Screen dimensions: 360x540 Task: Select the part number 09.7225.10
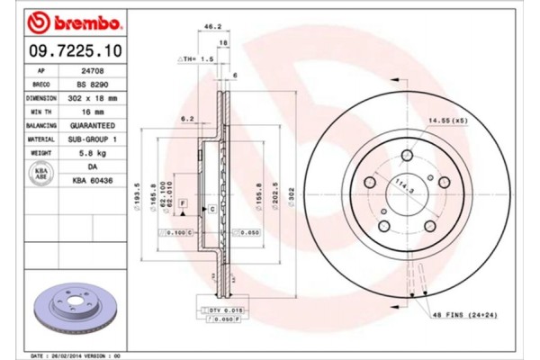click(x=70, y=53)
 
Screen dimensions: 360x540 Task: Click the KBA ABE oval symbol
click(x=40, y=174)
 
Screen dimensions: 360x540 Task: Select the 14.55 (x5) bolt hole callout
click(x=447, y=120)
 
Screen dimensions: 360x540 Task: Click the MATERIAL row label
click(x=40, y=140)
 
